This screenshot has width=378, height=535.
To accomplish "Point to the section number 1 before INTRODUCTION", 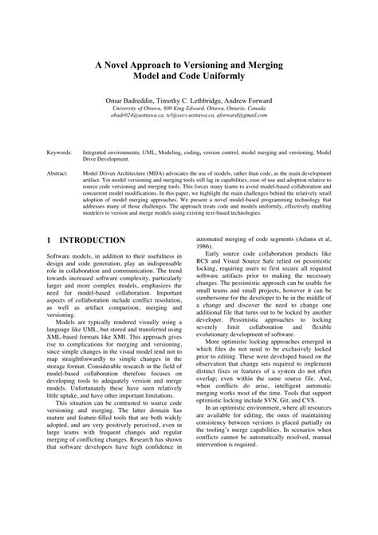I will (49, 240).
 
